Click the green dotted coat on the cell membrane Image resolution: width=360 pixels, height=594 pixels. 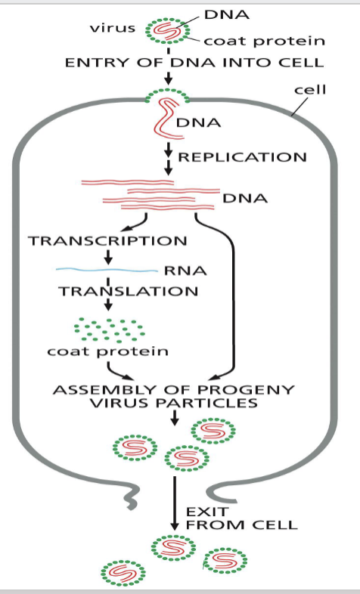click(167, 96)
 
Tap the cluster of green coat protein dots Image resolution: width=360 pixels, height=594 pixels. click(108, 329)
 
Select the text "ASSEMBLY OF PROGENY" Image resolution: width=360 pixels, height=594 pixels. click(173, 390)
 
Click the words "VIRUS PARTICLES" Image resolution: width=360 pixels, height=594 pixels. click(173, 404)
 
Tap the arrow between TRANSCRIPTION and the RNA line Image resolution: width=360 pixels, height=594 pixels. click(108, 257)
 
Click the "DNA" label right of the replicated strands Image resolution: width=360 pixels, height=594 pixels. click(245, 198)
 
